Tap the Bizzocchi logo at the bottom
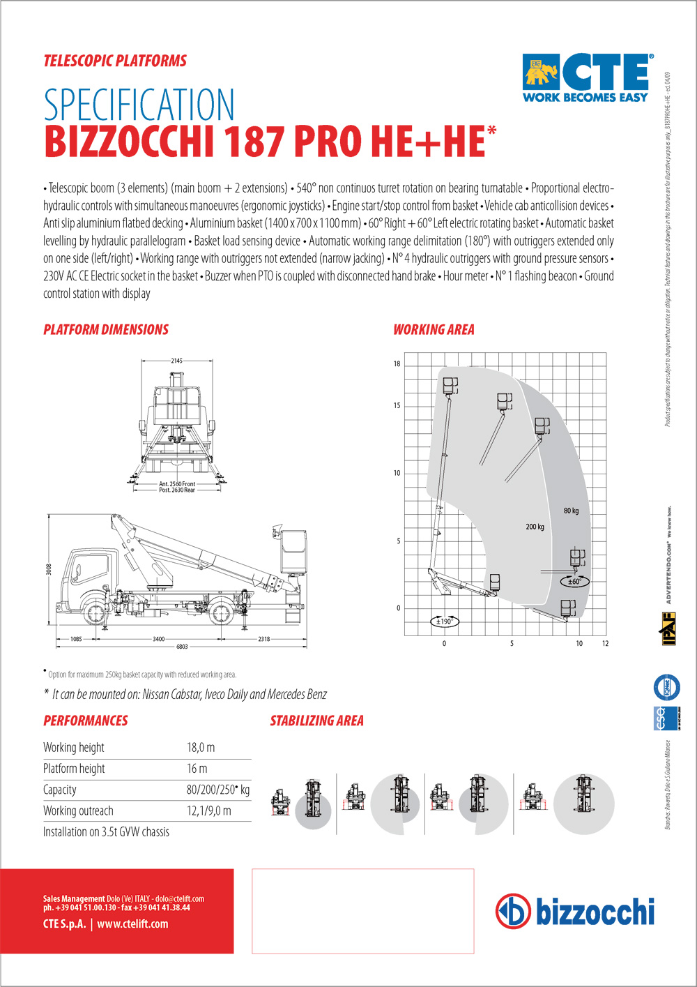575,911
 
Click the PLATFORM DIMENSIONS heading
106,330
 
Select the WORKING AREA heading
434,330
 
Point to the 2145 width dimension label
176,361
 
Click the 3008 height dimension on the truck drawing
49,569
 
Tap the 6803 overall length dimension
182,647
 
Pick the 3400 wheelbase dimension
158,639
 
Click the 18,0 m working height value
201,748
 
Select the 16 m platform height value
197,769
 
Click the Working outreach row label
78,811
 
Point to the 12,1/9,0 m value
208,811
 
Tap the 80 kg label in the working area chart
571,511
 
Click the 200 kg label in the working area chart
535,527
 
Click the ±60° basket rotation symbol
574,580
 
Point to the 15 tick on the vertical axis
397,406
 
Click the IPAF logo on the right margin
668,628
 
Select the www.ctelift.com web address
132,924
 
